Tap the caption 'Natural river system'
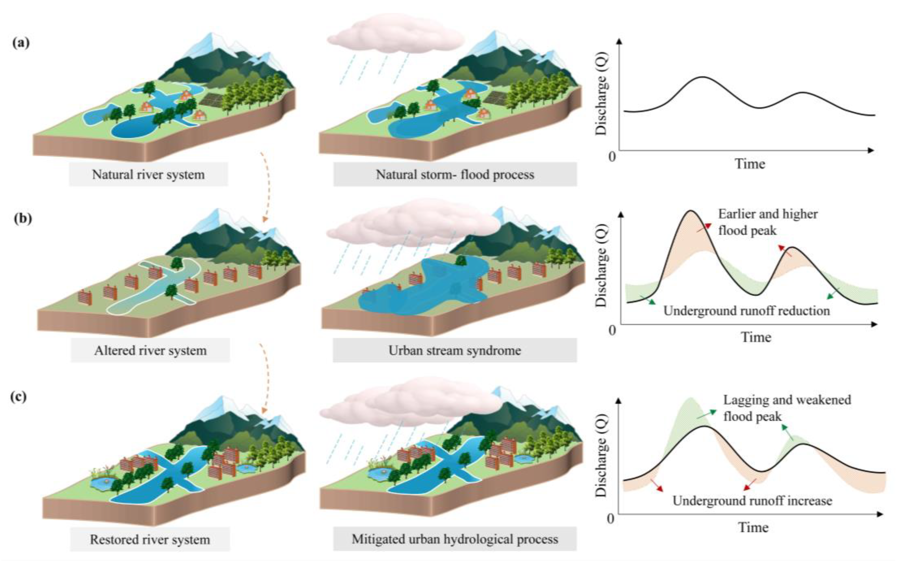pyautogui.click(x=148, y=174)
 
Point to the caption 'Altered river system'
pyautogui.click(x=150, y=350)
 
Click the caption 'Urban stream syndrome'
pyautogui.click(x=454, y=350)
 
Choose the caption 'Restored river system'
pyautogui.click(x=150, y=539)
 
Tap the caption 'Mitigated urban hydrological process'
pyautogui.click(x=455, y=539)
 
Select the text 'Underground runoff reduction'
pyautogui.click(x=746, y=311)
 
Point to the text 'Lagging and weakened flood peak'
pyautogui.click(x=786, y=408)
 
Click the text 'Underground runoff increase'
pyautogui.click(x=752, y=501)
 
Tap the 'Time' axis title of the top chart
pyautogui.click(x=749, y=164)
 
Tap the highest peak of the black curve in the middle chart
pyautogui.click(x=690, y=211)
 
